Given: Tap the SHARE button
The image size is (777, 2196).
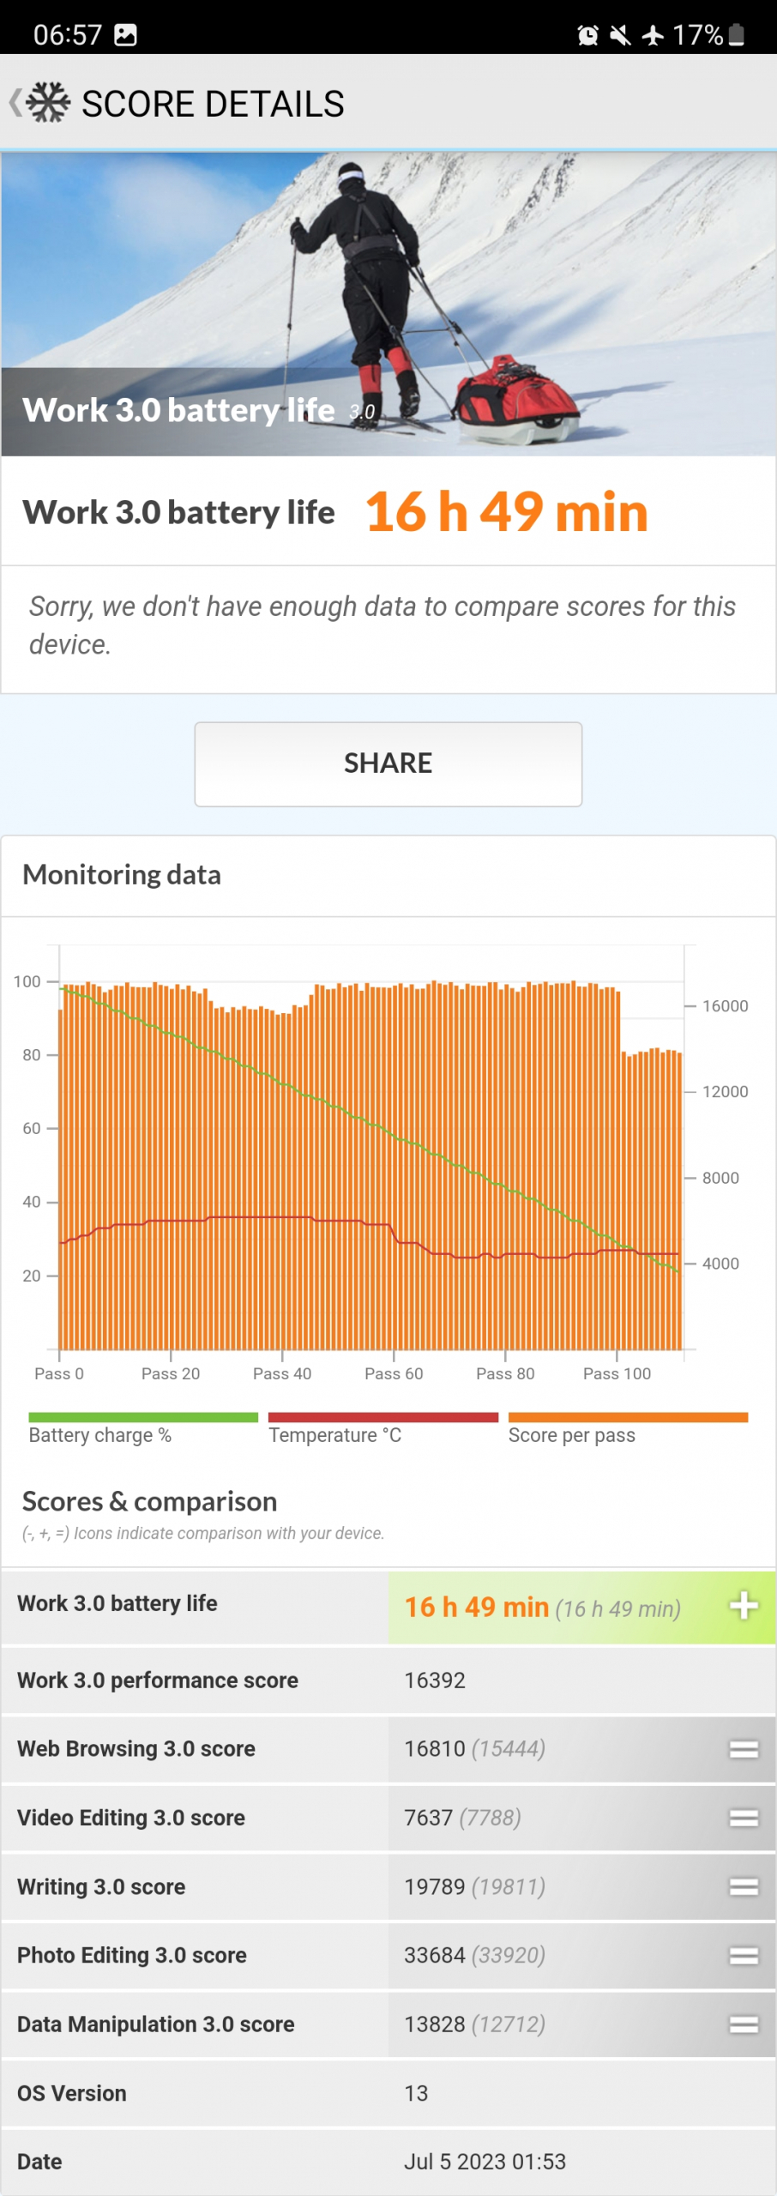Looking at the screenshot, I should pos(388,763).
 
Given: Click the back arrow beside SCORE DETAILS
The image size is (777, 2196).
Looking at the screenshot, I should pos(15,103).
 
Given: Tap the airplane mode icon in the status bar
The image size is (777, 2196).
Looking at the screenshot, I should pos(653,35).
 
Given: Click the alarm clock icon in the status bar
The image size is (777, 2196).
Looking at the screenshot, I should pos(587,35).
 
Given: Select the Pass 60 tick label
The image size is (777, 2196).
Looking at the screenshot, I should pos(394,1373).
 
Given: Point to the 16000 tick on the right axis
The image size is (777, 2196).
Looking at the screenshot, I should pos(725,1005).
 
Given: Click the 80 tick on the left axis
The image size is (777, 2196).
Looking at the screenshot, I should pos(32,1055).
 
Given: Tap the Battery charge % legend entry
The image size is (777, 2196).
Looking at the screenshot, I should pos(100,1435).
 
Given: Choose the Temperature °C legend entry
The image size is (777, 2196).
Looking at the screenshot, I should pos(335,1435).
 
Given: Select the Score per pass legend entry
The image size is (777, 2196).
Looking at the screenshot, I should pos(572,1435).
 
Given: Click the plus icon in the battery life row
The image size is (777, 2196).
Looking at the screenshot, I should pos(744,1606).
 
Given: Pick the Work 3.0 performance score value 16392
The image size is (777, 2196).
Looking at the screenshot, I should pos(435,1680).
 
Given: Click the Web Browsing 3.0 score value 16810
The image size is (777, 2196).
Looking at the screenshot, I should pos(435,1749).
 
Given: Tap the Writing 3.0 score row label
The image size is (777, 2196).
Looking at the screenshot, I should pos(101,1886).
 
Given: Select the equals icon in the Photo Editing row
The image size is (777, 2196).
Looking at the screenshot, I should pos(744,1956).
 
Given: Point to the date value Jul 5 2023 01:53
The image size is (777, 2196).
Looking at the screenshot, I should pos(485,2162).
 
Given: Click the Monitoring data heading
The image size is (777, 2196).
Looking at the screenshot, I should pos(122,875).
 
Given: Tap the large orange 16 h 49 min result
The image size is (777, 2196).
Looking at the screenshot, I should pos(506,512).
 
